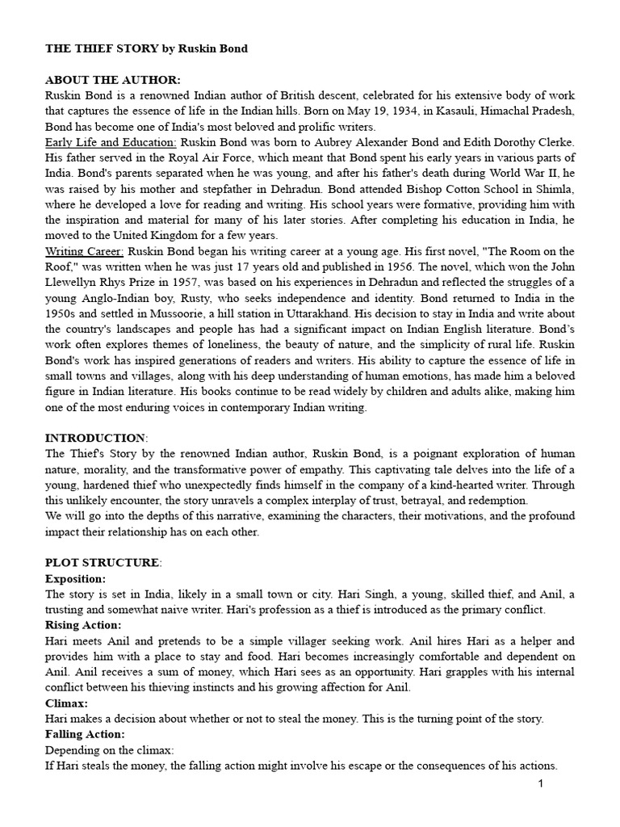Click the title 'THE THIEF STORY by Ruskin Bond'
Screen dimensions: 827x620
point(146,49)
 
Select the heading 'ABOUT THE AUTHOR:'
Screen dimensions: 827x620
point(113,80)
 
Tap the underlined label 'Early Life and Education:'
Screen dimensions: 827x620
point(111,141)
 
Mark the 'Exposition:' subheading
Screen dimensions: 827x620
point(75,578)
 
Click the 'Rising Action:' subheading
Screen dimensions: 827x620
point(83,624)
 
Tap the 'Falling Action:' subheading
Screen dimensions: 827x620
point(86,734)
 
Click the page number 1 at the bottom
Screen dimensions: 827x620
point(541,784)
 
